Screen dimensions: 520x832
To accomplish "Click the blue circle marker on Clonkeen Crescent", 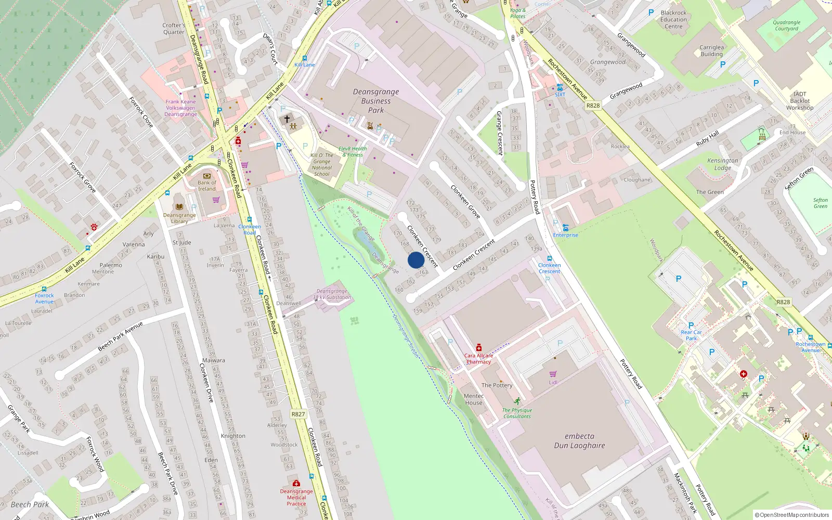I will click(415, 260).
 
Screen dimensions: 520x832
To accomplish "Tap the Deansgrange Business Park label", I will click(376, 101).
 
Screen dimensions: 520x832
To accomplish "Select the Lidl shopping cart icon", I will click(553, 374).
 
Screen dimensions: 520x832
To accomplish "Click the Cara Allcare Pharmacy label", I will click(478, 359).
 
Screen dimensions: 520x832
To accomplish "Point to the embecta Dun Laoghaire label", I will click(579, 441).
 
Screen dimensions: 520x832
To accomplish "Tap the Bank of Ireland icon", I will click(207, 176).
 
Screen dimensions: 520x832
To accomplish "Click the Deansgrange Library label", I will click(179, 218).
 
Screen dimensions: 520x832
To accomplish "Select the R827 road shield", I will click(298, 414).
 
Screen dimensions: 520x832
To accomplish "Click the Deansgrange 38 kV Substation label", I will click(332, 294).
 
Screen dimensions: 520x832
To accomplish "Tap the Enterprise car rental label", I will click(565, 235).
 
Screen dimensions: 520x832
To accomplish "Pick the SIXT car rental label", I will click(560, 95).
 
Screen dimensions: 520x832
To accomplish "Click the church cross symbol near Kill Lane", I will click(287, 119).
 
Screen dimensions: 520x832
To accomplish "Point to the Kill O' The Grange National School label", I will click(322, 164).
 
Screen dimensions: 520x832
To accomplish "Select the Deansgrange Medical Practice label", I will click(296, 497).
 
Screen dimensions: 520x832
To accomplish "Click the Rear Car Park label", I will click(691, 335).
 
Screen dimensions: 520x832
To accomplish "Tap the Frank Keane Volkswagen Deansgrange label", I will click(180, 108).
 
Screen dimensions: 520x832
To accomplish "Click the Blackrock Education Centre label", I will click(673, 20).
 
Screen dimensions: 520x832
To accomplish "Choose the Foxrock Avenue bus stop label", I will click(44, 298).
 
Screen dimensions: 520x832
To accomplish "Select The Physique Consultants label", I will click(517, 413).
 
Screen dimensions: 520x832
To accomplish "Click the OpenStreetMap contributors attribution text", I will click(791, 515).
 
